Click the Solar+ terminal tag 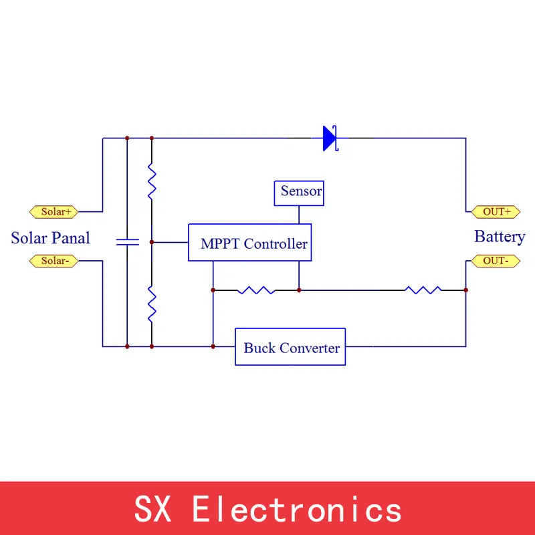coord(54,212)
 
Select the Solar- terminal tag coord(54,261)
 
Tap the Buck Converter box coord(290,347)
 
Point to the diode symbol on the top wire coord(330,138)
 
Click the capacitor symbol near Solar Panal coord(126,241)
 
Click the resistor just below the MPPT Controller coord(256,290)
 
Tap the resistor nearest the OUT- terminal coord(423,290)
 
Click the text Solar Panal coord(51,238)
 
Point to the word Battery coord(500,237)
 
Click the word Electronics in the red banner coord(297,510)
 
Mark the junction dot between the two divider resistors coord(152,242)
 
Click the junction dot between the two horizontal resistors coord(299,290)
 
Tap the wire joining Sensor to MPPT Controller coord(299,214)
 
